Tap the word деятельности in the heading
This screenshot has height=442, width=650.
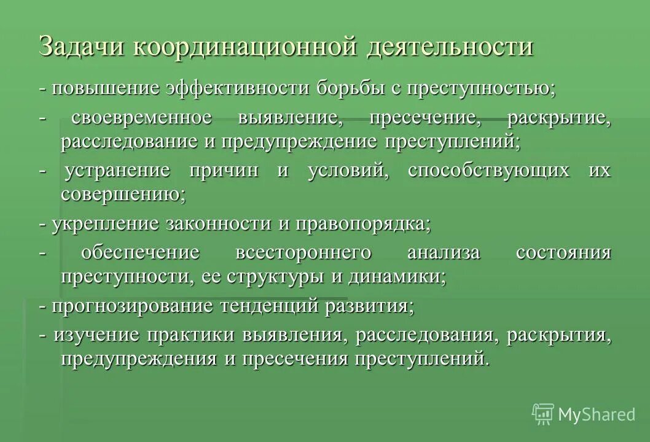point(450,47)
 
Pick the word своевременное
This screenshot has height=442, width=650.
point(151,117)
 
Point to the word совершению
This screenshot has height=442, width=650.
point(123,195)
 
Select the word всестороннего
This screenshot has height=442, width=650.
point(303,252)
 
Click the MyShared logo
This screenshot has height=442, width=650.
point(584,414)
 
